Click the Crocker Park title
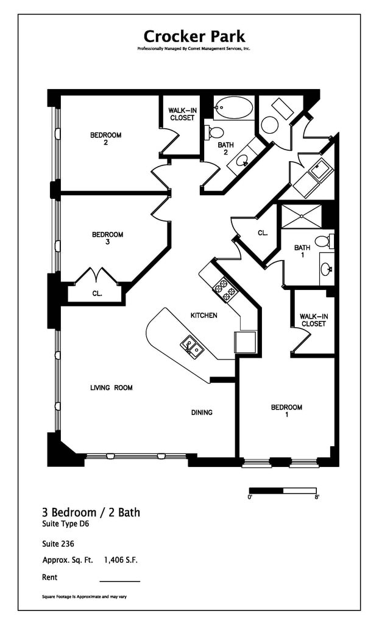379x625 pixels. tap(194, 36)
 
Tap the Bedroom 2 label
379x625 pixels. tap(105, 139)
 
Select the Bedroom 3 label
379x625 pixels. tap(107, 238)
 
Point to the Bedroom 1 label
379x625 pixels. tap(286, 411)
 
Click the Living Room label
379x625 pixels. tap(112, 388)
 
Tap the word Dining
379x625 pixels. tap(202, 413)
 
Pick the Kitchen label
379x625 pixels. tap(204, 316)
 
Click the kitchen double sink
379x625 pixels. tap(192, 345)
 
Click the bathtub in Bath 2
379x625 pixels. tap(234, 107)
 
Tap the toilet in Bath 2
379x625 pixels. tap(213, 132)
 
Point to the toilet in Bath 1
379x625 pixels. tap(324, 240)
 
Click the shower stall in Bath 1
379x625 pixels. tap(302, 217)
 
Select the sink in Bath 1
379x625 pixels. tap(327, 269)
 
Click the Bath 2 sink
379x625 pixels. tap(242, 161)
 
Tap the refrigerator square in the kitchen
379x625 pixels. tap(245, 342)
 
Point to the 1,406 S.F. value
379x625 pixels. tap(121, 560)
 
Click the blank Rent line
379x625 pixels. tap(120, 582)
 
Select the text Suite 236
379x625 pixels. tap(58, 544)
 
